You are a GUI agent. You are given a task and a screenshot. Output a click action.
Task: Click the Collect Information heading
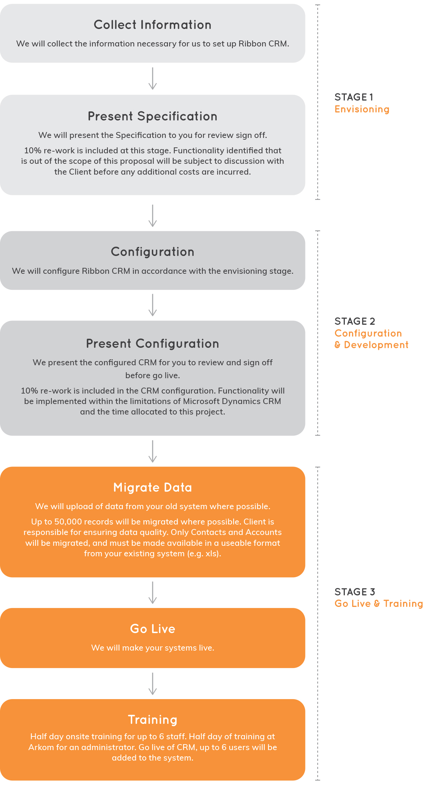coord(153,25)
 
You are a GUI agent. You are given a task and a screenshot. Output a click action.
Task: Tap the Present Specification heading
coord(153,116)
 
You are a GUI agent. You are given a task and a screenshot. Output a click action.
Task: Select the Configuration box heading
coord(153,252)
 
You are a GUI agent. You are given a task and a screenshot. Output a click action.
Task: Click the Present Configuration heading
coord(153,344)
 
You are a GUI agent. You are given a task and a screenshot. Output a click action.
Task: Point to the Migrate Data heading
coord(153,488)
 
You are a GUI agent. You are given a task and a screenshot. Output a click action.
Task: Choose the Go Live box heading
coord(153,629)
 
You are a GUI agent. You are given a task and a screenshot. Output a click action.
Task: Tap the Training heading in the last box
coord(153,720)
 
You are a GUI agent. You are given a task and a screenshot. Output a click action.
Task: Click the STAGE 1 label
coord(354,97)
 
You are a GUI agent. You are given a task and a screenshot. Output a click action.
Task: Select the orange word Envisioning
coord(362,109)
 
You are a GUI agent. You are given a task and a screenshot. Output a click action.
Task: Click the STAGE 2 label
coord(355,321)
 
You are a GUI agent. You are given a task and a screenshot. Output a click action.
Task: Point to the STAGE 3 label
coord(355,592)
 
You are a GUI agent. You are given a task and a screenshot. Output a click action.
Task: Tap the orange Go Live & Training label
coord(379,604)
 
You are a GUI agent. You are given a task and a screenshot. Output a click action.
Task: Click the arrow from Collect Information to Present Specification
coord(153,79)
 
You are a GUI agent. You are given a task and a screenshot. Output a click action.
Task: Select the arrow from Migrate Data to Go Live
coord(153,593)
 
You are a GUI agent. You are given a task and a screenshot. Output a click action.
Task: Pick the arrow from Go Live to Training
coord(153,684)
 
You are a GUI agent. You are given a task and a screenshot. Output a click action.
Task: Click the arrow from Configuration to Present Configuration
coord(153,305)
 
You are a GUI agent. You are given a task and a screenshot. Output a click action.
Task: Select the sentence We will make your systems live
coord(153,648)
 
